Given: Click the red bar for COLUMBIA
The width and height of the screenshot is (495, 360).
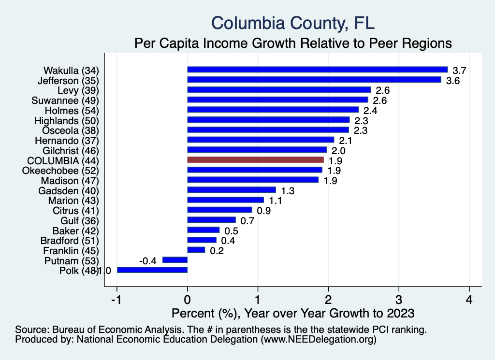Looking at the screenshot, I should point(255,159).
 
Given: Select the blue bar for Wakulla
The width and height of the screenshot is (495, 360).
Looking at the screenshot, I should point(317,70).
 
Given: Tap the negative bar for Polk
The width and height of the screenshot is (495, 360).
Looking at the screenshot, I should point(152,270).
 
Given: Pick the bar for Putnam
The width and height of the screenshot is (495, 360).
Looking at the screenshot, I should point(175,260).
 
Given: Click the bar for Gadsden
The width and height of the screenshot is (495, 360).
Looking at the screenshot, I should point(231,190).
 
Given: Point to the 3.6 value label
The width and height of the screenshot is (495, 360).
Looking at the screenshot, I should point(452,80).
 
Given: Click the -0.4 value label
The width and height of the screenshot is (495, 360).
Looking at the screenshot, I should point(147,261).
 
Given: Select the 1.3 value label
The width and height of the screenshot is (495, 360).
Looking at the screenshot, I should point(288,191).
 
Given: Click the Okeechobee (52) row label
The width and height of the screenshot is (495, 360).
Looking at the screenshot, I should point(60,170).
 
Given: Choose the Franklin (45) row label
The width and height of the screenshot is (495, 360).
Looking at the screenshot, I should point(71,250).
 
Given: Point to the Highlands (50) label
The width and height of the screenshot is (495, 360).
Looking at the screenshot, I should point(67,120).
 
